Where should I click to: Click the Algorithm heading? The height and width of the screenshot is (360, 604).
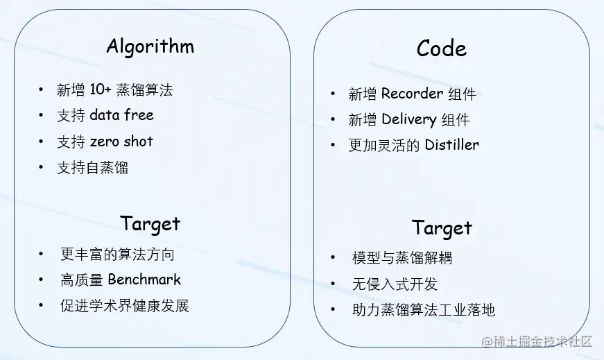(x=150, y=46)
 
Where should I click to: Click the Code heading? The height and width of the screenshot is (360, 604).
(x=441, y=49)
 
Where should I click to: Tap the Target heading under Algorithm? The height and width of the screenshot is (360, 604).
(x=150, y=224)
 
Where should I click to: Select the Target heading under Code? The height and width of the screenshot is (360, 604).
(x=442, y=228)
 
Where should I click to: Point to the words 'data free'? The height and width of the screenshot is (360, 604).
(x=121, y=115)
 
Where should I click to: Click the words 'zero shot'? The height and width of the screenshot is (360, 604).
(x=121, y=142)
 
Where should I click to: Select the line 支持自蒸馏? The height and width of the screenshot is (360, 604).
(x=92, y=167)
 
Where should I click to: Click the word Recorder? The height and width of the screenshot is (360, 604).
(x=412, y=94)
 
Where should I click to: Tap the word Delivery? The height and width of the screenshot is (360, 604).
(x=408, y=119)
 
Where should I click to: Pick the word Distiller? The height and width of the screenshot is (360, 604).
(x=451, y=145)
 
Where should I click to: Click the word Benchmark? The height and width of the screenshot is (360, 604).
(x=144, y=280)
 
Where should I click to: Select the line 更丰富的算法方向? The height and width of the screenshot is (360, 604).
(x=117, y=254)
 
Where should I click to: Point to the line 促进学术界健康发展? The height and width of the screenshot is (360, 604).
(x=124, y=305)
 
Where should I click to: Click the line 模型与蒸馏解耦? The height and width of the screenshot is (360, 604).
(x=402, y=258)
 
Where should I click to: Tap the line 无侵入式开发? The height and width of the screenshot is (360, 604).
(x=395, y=284)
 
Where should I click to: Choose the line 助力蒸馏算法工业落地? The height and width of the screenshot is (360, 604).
(x=424, y=309)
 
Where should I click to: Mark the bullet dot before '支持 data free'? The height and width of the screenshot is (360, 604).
(x=41, y=115)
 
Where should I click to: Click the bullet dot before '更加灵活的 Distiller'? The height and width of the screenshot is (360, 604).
(x=333, y=145)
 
